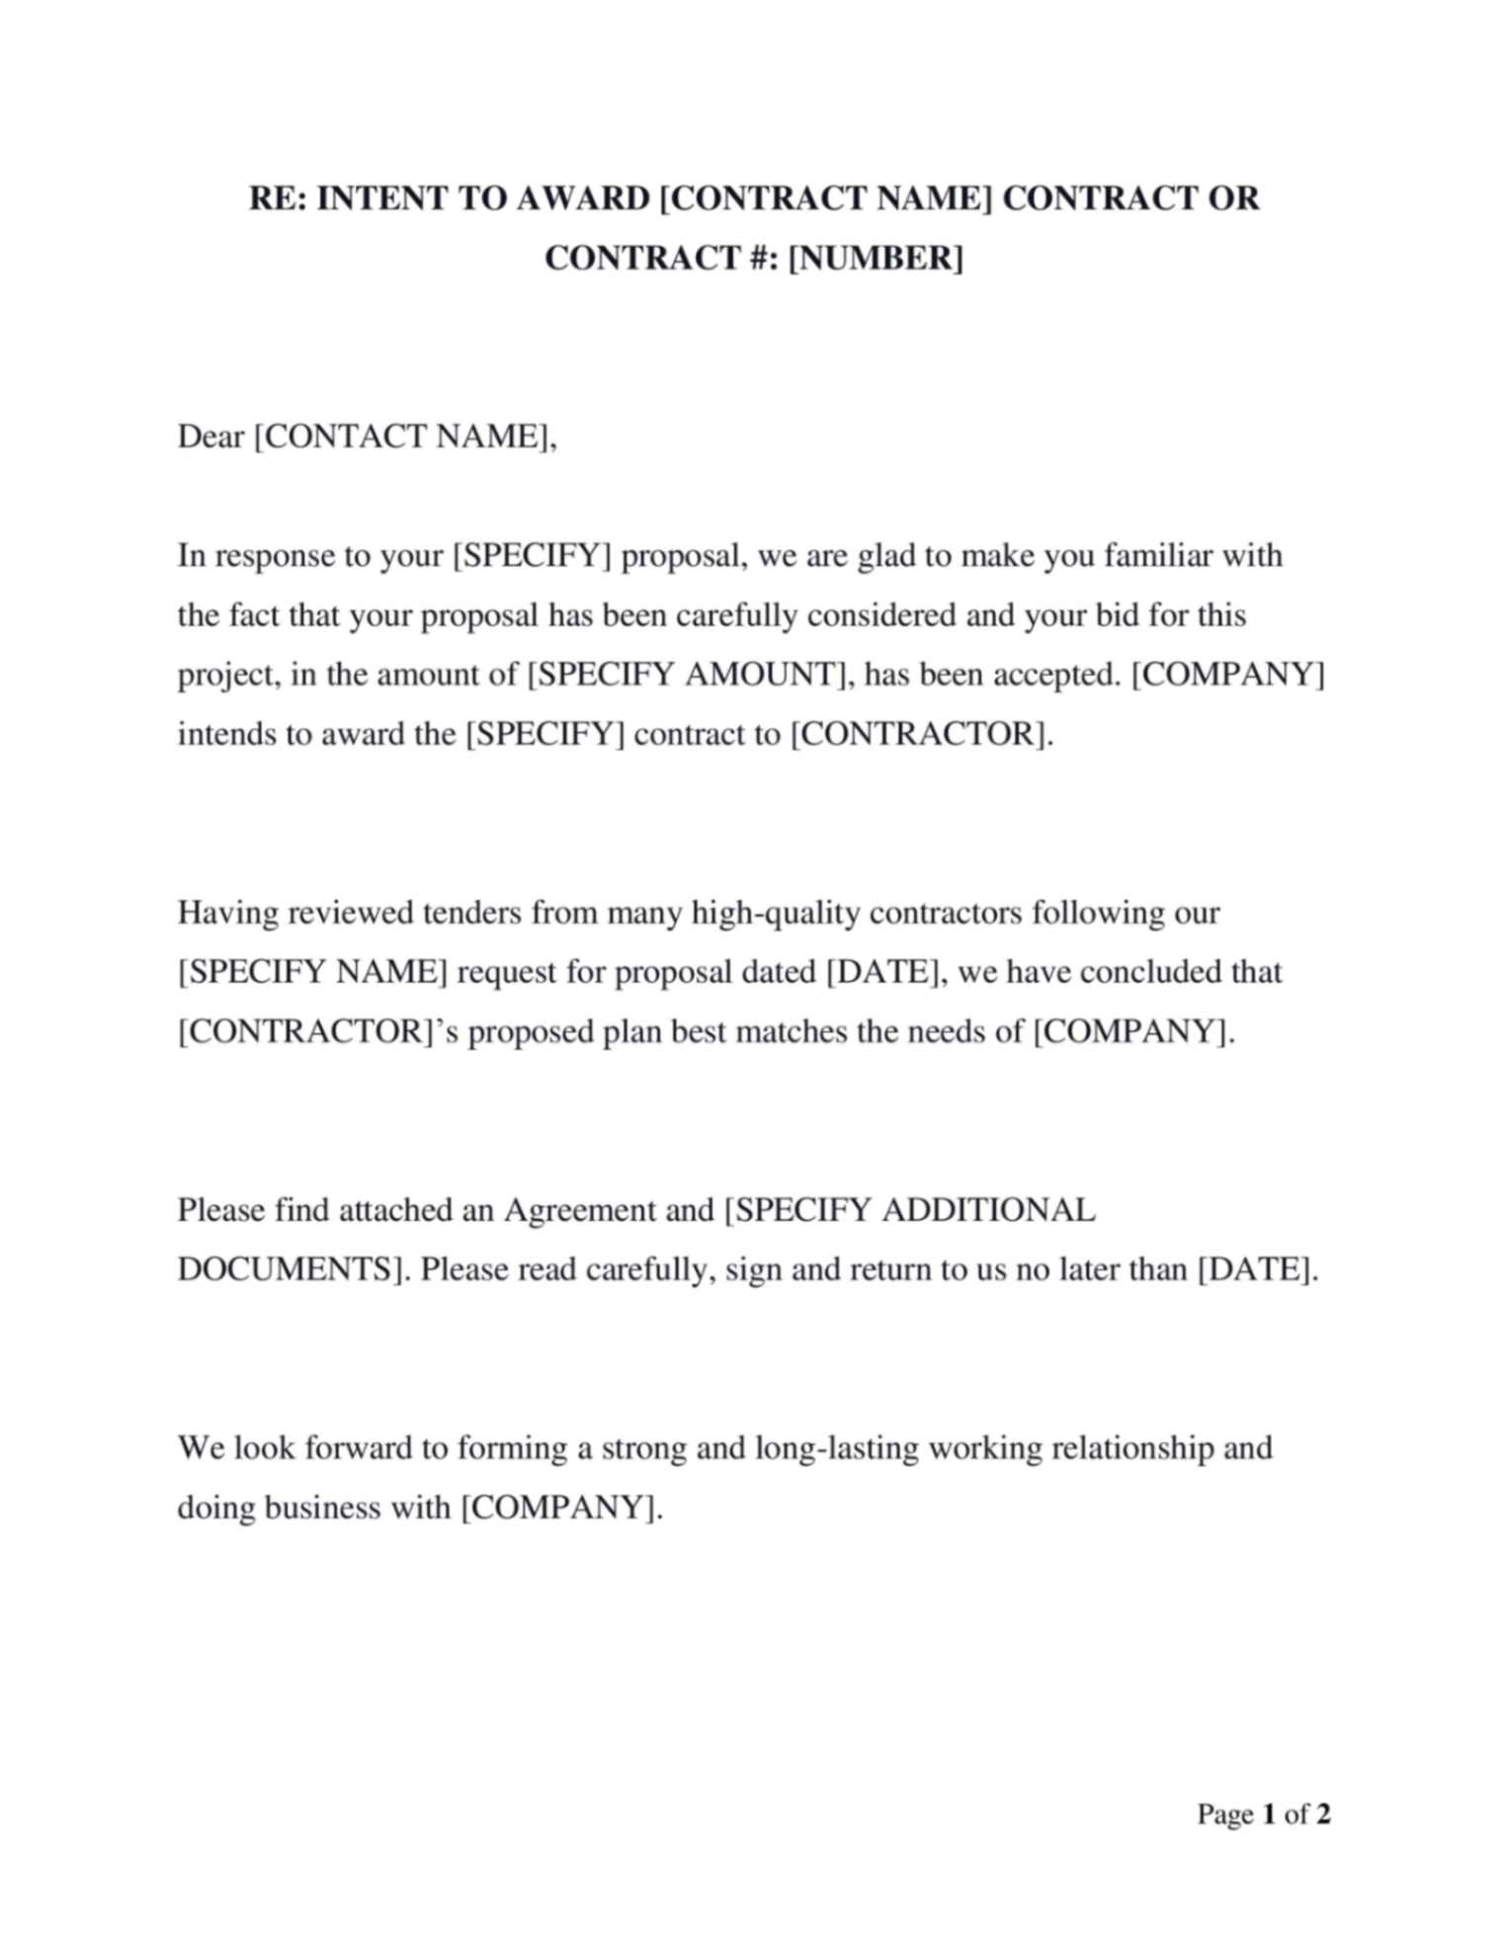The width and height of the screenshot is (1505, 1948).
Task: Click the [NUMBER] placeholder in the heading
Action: [875, 258]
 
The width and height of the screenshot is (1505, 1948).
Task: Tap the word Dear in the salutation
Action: [210, 437]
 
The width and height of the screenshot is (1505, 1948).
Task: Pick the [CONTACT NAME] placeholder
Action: [404, 437]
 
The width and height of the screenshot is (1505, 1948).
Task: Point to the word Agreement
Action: [580, 1211]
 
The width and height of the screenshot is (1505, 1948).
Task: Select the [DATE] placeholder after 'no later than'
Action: [1255, 1270]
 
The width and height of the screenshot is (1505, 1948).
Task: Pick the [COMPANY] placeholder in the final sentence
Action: [560, 1508]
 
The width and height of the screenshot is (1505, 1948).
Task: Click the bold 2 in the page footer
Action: [1323, 1814]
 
